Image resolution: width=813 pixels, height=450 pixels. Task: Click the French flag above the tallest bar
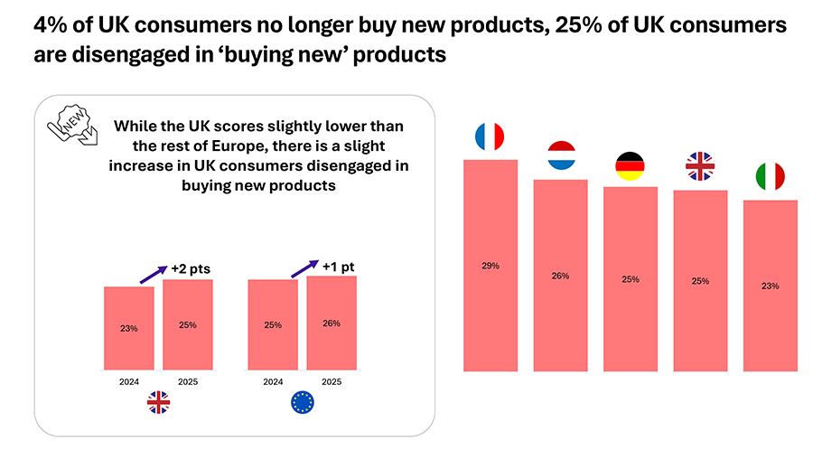pyautogui.click(x=490, y=137)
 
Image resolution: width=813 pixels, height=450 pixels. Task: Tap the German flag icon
pyautogui.click(x=630, y=165)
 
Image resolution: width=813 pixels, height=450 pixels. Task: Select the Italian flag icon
pyautogui.click(x=770, y=177)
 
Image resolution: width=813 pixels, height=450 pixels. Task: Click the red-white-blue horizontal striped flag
pyautogui.click(x=561, y=156)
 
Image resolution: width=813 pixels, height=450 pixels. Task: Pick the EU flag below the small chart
pyautogui.click(x=303, y=403)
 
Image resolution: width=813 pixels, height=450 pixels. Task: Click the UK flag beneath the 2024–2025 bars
pyautogui.click(x=158, y=403)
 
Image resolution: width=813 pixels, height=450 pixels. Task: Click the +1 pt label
pyautogui.click(x=341, y=265)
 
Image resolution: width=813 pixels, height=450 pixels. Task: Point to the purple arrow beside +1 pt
pyautogui.click(x=304, y=270)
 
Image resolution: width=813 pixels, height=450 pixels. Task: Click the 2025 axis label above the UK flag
pyautogui.click(x=187, y=381)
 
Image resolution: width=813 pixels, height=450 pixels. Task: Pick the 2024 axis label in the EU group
pyautogui.click(x=273, y=381)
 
